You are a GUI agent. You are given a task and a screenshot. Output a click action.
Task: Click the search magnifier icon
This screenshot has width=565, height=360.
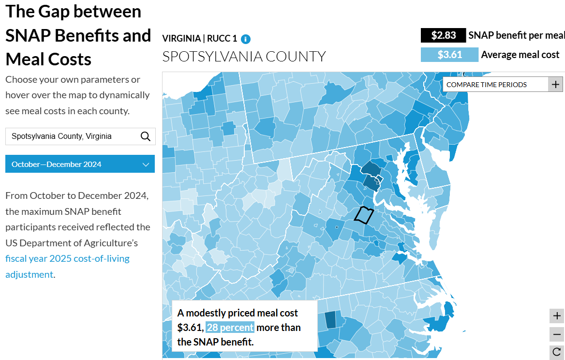pos(145,136)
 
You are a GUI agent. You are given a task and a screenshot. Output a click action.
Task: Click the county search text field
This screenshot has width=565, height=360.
pos(73,136)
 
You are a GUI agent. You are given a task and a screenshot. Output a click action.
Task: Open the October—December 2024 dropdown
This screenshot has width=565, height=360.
pos(80,164)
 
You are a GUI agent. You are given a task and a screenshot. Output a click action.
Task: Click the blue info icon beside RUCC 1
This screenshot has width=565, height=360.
pos(246,39)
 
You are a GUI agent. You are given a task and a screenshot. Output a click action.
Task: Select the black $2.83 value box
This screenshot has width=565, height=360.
pos(443,35)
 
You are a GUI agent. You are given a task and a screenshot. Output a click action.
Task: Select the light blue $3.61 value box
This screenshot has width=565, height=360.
pos(449,55)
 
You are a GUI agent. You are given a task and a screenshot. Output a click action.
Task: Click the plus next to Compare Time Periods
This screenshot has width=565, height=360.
pos(555,84)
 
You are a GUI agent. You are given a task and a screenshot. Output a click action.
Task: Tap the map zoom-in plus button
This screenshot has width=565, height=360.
pos(557,316)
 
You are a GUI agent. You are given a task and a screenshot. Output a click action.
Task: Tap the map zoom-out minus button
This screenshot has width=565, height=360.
pos(557,334)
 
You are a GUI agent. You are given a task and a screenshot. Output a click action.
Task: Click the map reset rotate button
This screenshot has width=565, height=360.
pos(557,352)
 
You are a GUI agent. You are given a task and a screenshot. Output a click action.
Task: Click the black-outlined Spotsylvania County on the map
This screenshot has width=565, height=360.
pos(364,215)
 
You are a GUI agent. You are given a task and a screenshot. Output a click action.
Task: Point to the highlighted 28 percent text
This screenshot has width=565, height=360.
pos(230,328)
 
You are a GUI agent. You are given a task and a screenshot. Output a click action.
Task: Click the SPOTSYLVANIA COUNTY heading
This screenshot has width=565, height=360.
pos(244,57)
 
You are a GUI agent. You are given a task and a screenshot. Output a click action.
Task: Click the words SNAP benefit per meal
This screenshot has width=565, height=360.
pos(516,35)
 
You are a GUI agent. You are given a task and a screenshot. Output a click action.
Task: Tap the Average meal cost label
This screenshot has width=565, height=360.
pos(520,55)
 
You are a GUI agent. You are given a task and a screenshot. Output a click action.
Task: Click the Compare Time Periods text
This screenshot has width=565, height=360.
pos(486,85)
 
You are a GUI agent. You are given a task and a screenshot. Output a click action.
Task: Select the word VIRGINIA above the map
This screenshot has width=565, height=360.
pos(181,39)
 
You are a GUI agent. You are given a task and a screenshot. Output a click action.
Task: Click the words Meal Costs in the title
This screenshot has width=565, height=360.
pos(48,59)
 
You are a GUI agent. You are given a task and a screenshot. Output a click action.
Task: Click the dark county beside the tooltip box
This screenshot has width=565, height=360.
pos(330,320)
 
